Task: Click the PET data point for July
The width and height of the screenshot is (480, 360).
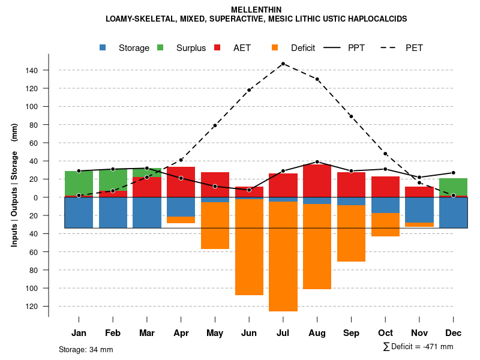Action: tap(283, 64)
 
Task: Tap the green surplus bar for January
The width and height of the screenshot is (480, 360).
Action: tap(79, 183)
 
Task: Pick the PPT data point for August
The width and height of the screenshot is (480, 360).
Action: tap(317, 162)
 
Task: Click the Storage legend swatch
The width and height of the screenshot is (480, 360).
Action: tap(104, 48)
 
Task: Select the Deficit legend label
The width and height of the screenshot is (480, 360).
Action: tap(303, 48)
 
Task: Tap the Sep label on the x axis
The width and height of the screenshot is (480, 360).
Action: tap(351, 333)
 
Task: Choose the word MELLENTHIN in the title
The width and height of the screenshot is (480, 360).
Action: tap(256, 10)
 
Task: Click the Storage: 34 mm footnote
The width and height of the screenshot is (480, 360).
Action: tap(86, 349)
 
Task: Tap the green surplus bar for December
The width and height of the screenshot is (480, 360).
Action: tap(453, 187)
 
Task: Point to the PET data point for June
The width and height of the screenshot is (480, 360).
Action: tap(249, 90)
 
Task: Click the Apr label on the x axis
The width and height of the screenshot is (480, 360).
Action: tap(181, 333)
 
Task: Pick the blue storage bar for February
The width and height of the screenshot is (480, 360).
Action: tap(113, 212)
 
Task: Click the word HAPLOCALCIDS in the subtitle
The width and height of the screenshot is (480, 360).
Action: tap(377, 19)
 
